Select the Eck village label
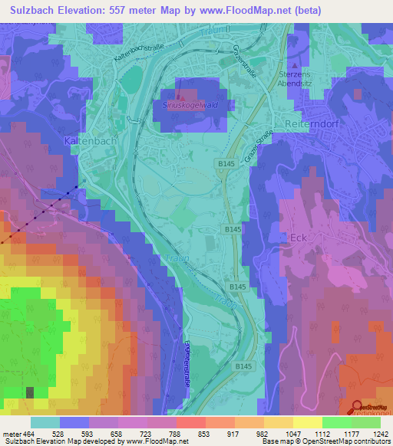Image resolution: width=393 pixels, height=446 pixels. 299,238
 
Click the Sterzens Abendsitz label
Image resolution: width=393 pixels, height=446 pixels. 306,81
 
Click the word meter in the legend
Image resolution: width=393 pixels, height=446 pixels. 11,433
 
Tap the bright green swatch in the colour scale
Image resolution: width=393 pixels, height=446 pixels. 335,421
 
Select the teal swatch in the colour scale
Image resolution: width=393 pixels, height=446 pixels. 45,421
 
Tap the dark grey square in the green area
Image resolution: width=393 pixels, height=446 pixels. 31,392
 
